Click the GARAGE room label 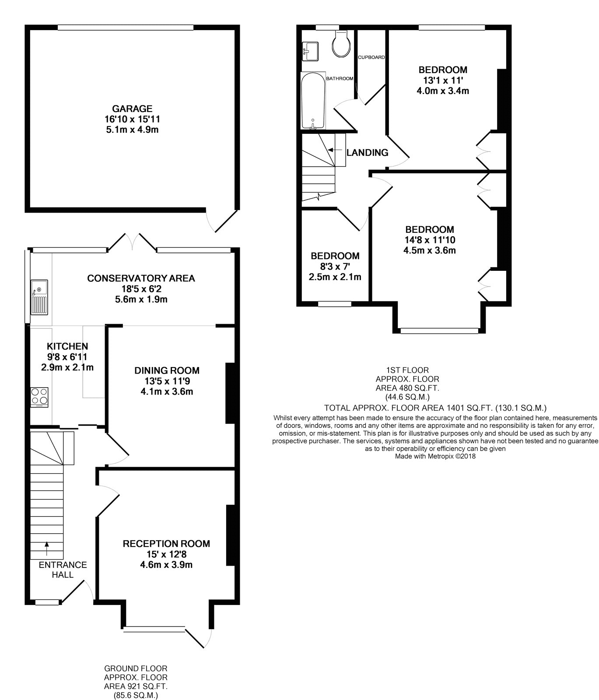(x=132, y=108)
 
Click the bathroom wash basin (x=311, y=51)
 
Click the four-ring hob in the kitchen (x=39, y=397)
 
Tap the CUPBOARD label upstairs (x=371, y=57)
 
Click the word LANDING (x=368, y=153)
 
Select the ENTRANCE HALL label (x=63, y=570)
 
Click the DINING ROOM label (x=167, y=371)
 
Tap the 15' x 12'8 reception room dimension (x=166, y=554)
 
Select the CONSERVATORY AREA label (x=141, y=278)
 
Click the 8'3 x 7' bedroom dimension (x=335, y=266)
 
